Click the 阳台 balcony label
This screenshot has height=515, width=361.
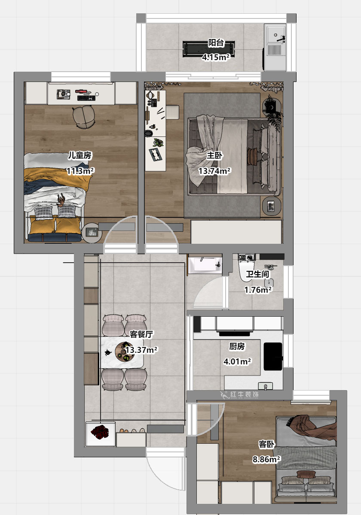[x=216, y=43]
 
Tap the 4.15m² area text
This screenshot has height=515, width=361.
[x=216, y=57]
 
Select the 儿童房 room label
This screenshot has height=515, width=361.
[x=80, y=155]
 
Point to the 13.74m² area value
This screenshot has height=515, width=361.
[x=214, y=171]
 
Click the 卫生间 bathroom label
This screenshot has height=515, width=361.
[x=257, y=274]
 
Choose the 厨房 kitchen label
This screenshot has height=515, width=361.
[x=237, y=346]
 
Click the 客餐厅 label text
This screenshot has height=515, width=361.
[x=141, y=334]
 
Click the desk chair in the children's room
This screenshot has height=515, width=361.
[x=83, y=117]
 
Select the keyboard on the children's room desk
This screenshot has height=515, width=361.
[x=86, y=98]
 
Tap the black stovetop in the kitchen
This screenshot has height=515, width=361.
[x=273, y=356]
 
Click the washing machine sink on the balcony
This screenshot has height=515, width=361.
[x=275, y=47]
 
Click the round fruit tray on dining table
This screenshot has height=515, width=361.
[x=125, y=352]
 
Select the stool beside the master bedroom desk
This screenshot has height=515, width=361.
[x=172, y=112]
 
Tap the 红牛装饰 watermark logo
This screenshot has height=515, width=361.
[x=239, y=394]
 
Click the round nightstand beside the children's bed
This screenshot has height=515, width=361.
[x=92, y=233]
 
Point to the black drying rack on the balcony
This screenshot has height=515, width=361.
[x=208, y=49]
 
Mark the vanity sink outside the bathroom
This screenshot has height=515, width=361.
[x=205, y=265]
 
